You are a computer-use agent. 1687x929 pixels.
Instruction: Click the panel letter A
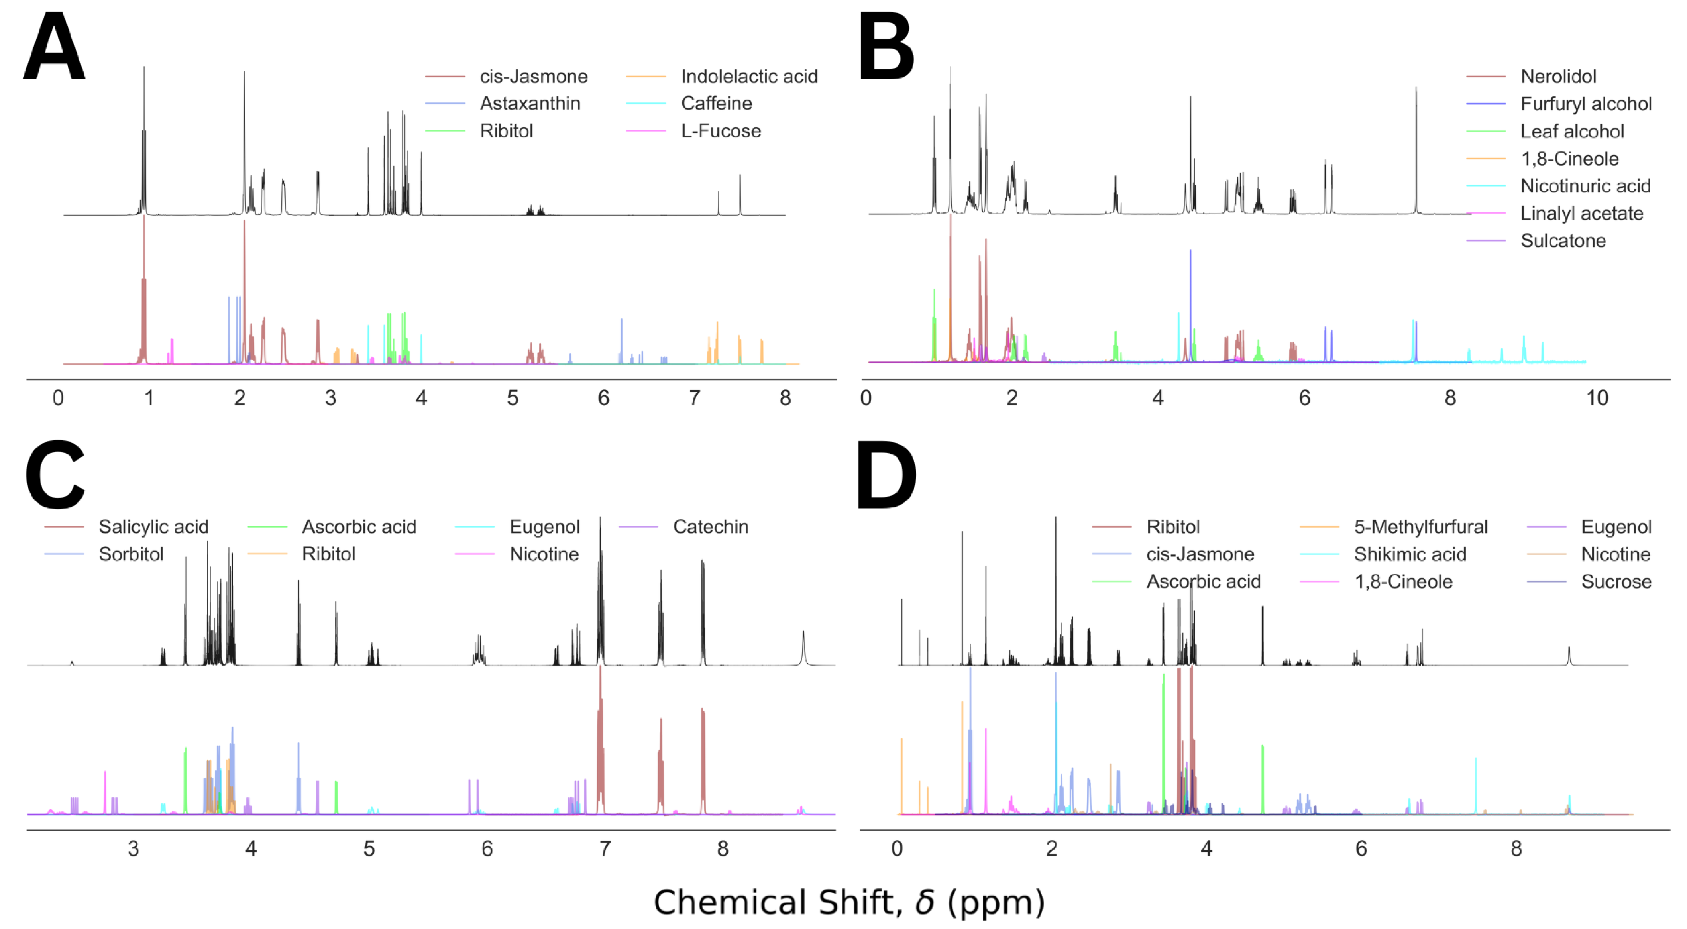(x=54, y=47)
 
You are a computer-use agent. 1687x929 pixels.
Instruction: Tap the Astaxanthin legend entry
(x=529, y=104)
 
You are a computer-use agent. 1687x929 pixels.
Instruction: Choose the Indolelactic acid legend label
(x=748, y=76)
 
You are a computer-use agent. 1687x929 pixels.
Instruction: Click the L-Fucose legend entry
(x=721, y=131)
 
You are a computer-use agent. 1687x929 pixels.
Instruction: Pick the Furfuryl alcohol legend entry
(x=1585, y=104)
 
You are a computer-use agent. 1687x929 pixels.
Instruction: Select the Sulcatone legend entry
(x=1563, y=241)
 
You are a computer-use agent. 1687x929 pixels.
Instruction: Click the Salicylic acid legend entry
(x=153, y=527)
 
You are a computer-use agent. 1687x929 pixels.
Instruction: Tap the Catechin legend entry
(x=710, y=527)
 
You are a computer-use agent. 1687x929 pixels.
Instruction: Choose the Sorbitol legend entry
(x=131, y=554)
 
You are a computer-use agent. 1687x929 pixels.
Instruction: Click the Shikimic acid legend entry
(x=1409, y=554)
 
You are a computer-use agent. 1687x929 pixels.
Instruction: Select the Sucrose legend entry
(x=1616, y=582)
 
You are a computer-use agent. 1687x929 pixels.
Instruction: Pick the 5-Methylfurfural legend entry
(x=1420, y=527)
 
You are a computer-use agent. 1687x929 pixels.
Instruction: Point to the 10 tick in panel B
(x=1597, y=398)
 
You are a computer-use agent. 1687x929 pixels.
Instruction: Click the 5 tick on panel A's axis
(x=512, y=398)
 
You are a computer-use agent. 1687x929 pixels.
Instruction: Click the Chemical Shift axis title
(x=849, y=903)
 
